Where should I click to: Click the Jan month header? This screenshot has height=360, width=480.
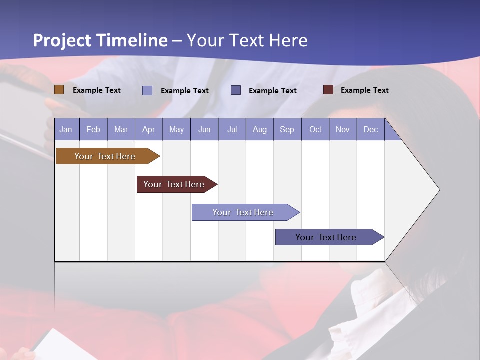click(x=66, y=129)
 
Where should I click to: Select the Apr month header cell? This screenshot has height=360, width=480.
click(x=149, y=129)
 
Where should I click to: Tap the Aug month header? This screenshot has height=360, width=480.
click(x=260, y=129)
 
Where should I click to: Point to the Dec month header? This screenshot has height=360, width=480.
click(x=370, y=129)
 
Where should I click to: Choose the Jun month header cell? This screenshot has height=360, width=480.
click(x=204, y=129)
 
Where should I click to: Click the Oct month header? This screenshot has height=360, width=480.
click(x=315, y=129)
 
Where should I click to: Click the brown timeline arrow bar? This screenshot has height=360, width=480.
click(x=105, y=156)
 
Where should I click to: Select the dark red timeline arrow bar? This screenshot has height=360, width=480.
click(x=174, y=184)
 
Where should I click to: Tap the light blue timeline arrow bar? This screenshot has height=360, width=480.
click(x=243, y=212)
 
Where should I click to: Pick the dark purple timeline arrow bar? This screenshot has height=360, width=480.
click(x=326, y=237)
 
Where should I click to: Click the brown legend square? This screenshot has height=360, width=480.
click(x=59, y=90)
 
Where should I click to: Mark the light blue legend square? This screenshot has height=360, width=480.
click(x=147, y=90)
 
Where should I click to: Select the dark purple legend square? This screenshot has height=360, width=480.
click(x=236, y=90)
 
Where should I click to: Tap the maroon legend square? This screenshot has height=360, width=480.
click(x=328, y=90)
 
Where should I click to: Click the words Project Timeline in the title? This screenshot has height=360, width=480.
click(x=100, y=40)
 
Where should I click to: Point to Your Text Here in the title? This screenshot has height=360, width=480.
click(x=247, y=40)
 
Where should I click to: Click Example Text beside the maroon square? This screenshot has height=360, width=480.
click(x=364, y=90)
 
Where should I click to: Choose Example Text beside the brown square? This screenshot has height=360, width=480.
click(x=97, y=90)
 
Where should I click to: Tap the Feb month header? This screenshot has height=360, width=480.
click(x=93, y=129)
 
